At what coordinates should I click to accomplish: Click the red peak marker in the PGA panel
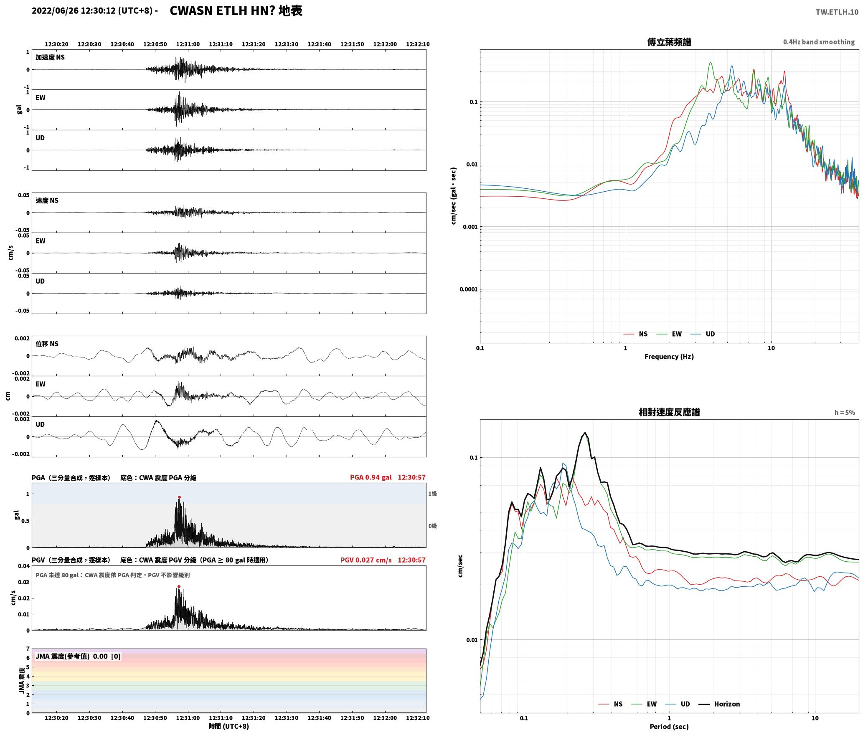pyautogui.click(x=179, y=497)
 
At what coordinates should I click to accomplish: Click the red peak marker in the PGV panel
pyautogui.click(x=179, y=587)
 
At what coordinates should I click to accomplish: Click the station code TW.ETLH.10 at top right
pyautogui.click(x=837, y=12)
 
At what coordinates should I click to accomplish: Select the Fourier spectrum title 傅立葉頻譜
pyautogui.click(x=669, y=42)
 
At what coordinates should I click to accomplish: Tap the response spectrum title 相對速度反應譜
pyautogui.click(x=669, y=412)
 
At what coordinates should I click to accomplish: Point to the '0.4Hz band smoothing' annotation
pyautogui.click(x=819, y=42)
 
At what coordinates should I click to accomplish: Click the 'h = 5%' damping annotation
pyautogui.click(x=845, y=413)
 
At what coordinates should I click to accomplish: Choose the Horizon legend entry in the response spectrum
pyautogui.click(x=719, y=704)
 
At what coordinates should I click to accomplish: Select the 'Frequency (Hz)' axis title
pyautogui.click(x=669, y=357)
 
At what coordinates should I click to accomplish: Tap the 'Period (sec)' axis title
pyautogui.click(x=669, y=727)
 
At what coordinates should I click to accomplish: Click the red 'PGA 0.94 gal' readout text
pyautogui.click(x=371, y=477)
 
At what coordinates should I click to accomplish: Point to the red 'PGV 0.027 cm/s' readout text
pyautogui.click(x=366, y=560)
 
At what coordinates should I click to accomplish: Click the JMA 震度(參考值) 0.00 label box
pyautogui.click(x=78, y=656)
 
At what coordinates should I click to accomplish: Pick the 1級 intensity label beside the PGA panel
pyautogui.click(x=432, y=494)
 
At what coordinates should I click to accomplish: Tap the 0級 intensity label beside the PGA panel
pyautogui.click(x=432, y=526)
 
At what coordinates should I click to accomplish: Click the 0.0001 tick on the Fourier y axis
pyautogui.click(x=468, y=289)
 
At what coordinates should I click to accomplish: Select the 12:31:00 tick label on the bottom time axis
pyautogui.click(x=188, y=718)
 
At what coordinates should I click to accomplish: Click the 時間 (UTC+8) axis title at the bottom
pyautogui.click(x=229, y=726)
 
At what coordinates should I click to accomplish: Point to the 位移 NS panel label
pyautogui.click(x=47, y=344)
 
